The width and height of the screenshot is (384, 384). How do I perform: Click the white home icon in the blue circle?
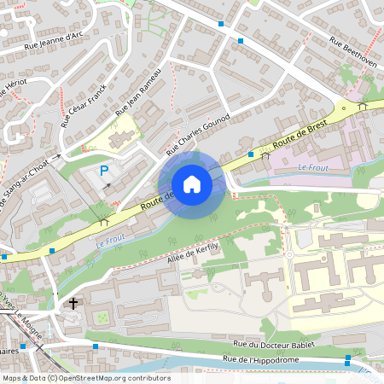[x=192, y=184]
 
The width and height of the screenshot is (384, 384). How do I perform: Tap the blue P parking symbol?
[x=104, y=171]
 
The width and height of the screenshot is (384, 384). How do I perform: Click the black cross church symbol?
[x=73, y=303]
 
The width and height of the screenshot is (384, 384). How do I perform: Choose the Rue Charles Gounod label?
[x=198, y=135]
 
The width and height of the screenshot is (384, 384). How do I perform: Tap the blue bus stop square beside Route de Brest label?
[x=251, y=154]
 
